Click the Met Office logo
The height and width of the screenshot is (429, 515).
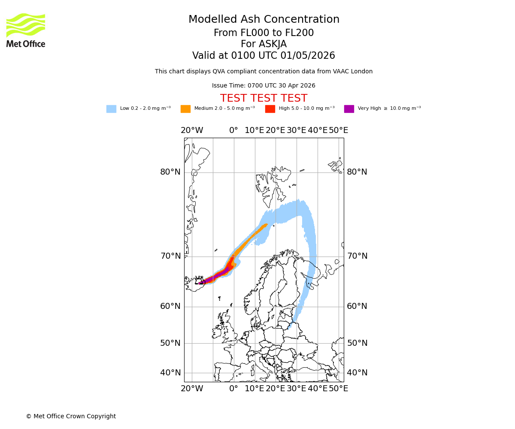[26, 30]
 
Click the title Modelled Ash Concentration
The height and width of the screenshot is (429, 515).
[264, 19]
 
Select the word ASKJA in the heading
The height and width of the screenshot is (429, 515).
[275, 44]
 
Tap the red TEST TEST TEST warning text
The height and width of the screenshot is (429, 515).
[264, 98]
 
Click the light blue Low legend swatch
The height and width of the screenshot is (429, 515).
[111, 109]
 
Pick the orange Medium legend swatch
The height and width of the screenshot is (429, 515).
[185, 109]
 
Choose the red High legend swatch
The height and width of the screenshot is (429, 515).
[270, 109]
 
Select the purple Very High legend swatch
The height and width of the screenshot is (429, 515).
[349, 109]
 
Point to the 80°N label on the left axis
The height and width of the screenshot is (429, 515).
[170, 172]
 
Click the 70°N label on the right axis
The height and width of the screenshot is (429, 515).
[357, 256]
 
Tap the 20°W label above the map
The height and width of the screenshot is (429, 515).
[192, 130]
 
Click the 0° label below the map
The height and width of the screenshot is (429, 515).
[233, 389]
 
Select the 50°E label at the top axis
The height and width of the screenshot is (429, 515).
[338, 130]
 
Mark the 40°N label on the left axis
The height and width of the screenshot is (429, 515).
[170, 373]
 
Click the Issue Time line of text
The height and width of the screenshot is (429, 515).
[264, 85]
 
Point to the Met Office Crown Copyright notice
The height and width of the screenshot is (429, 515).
[71, 416]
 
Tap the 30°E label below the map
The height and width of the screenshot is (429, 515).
[296, 389]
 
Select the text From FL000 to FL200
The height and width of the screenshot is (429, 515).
[264, 33]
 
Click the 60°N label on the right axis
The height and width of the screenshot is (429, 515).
[357, 306]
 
